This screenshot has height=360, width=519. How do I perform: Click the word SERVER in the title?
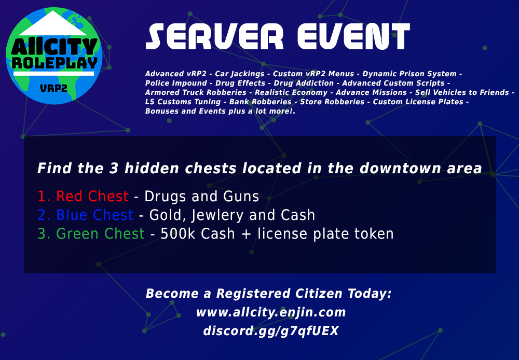pyautogui.click(x=214, y=36)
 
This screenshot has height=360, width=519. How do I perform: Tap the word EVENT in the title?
pyautogui.click(x=353, y=36)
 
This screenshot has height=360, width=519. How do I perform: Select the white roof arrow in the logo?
pyautogui.click(x=53, y=23)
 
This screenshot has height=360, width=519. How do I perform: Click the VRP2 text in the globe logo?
pyautogui.click(x=53, y=88)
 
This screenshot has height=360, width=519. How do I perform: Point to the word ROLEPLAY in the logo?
pyautogui.click(x=54, y=63)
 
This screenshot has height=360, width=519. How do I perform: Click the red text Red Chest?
pyautogui.click(x=92, y=196)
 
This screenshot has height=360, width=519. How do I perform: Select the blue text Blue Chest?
pyautogui.click(x=94, y=215)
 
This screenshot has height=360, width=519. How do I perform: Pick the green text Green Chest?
pyautogui.click(x=100, y=233)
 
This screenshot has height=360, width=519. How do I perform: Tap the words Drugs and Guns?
pyautogui.click(x=201, y=196)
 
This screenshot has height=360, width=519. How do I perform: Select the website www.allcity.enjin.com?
pyautogui.click(x=271, y=312)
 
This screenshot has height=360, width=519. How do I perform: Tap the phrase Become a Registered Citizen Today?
pyautogui.click(x=268, y=294)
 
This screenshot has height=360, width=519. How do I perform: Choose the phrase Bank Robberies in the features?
pyautogui.click(x=260, y=102)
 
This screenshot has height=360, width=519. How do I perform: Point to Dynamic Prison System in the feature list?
pyautogui.click(x=409, y=74)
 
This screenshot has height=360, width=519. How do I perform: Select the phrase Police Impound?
pyautogui.click(x=176, y=84)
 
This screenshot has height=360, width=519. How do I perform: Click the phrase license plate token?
pyautogui.click(x=325, y=233)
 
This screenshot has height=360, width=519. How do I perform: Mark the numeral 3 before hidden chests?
pyautogui.click(x=114, y=169)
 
